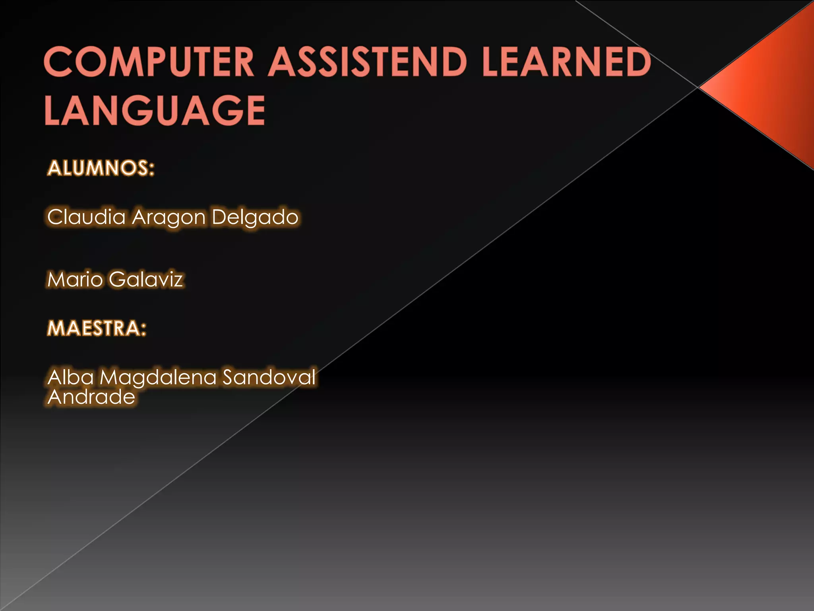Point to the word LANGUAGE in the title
(x=155, y=110)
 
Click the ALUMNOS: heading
(x=101, y=168)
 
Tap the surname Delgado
(x=255, y=218)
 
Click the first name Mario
(x=75, y=279)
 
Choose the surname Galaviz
(x=146, y=279)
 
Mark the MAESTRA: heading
(x=97, y=329)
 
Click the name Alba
(x=70, y=377)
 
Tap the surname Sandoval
(x=269, y=377)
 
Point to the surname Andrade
(x=91, y=397)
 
